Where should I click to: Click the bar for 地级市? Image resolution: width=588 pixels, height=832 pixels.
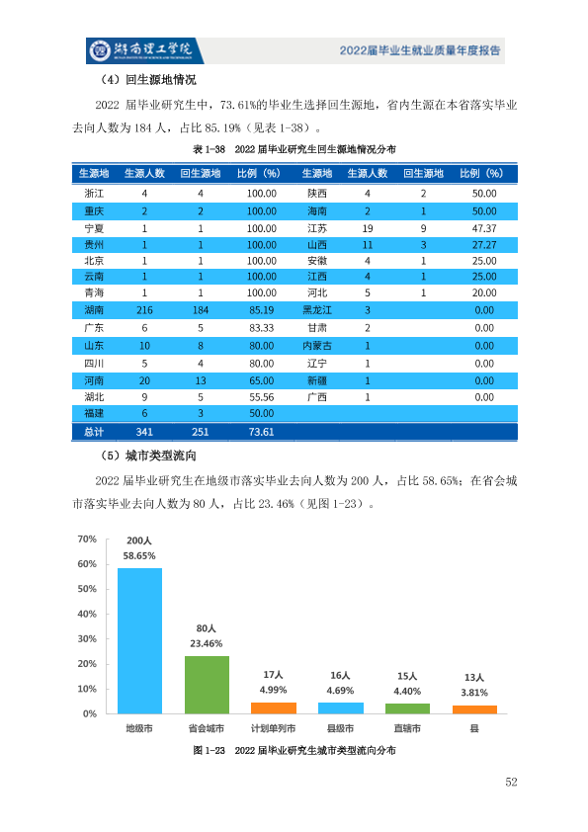[139, 641]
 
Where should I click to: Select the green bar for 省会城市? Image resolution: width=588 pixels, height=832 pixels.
[207, 685]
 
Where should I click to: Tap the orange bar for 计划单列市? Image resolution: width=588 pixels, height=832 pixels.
[274, 707]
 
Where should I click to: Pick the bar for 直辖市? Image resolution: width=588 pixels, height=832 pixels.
[407, 708]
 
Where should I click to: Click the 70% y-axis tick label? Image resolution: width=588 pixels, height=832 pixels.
[87, 540]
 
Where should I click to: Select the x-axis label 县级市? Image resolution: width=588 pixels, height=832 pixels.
[340, 728]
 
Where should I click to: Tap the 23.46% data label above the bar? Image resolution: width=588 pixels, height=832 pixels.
[207, 643]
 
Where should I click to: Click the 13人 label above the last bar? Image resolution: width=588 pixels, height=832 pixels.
[474, 678]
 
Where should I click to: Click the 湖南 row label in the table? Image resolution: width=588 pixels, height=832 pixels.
[94, 310]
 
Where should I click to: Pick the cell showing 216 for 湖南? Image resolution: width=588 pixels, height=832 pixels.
[144, 310]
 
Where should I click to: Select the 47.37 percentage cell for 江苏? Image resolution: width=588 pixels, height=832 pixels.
[484, 228]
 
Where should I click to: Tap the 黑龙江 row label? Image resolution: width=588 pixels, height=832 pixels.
[317, 310]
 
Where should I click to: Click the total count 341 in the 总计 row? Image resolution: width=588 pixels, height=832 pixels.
[144, 432]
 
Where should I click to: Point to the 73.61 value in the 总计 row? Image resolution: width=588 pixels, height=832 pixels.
[261, 432]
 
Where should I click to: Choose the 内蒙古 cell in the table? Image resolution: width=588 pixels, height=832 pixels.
[317, 346]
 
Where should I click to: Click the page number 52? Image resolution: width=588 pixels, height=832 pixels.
[511, 782]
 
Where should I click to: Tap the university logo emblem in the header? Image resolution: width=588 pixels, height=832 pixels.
[100, 50]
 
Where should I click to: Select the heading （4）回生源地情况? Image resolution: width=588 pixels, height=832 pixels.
[147, 80]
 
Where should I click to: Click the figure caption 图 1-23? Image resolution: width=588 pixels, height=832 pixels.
[209, 750]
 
